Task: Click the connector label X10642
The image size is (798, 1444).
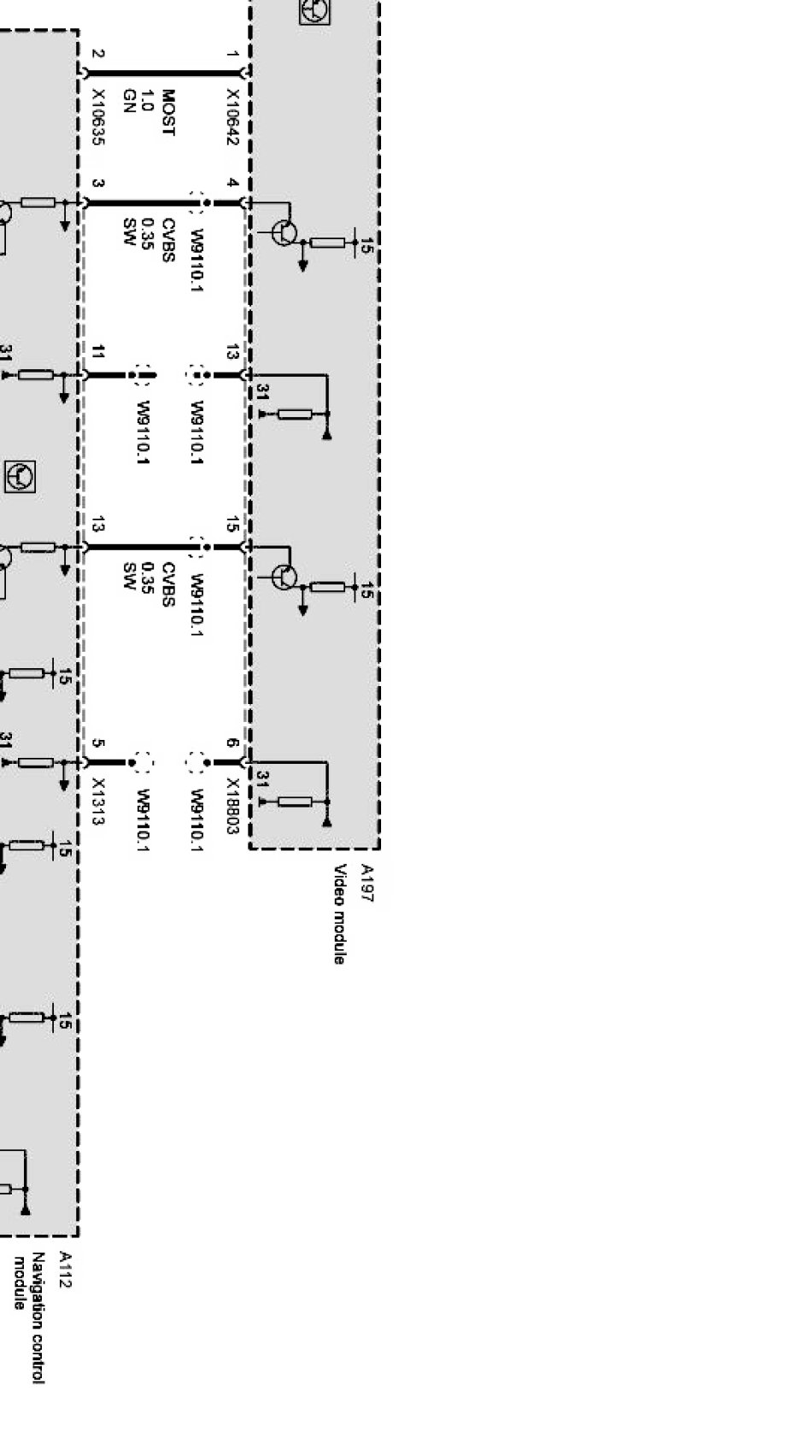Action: [232, 117]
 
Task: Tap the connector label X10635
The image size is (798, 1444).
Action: [98, 117]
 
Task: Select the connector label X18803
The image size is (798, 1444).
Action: [232, 807]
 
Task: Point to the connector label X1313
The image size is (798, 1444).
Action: [98, 801]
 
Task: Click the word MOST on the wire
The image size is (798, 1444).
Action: [168, 112]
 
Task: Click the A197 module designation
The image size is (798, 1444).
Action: [367, 883]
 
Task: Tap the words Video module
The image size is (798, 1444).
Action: [340, 914]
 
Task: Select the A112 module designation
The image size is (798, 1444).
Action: [64, 1270]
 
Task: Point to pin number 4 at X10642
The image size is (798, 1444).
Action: [232, 183]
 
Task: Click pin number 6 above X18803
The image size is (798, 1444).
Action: [232, 743]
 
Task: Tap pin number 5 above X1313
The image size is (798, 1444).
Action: [97, 743]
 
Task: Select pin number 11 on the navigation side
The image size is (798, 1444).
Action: [97, 352]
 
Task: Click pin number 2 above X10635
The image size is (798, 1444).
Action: [97, 54]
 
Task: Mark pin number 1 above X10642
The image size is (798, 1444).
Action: [232, 54]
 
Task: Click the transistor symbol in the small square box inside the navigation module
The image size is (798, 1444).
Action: [20, 477]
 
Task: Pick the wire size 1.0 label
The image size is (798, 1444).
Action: [147, 101]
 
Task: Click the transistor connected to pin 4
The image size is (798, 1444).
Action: [284, 232]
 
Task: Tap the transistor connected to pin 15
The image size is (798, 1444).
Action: [284, 576]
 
